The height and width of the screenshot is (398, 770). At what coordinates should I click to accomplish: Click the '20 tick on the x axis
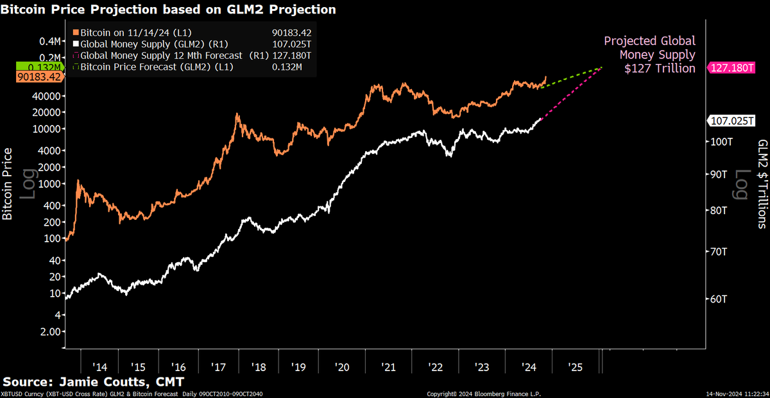pyautogui.click(x=341, y=367)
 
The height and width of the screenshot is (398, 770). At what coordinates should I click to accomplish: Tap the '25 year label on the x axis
pyautogui.click(x=575, y=367)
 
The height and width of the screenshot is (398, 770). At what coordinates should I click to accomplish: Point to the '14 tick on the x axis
pyautogui.click(x=99, y=367)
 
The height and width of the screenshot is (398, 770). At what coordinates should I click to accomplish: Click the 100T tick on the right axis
pyautogui.click(x=718, y=141)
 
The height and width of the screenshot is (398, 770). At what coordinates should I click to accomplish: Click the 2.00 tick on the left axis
pyautogui.click(x=49, y=332)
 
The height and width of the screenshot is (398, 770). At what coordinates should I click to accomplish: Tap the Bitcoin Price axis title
pyautogui.click(x=8, y=183)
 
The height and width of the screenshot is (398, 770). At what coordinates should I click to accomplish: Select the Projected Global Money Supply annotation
pyautogui.click(x=649, y=54)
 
